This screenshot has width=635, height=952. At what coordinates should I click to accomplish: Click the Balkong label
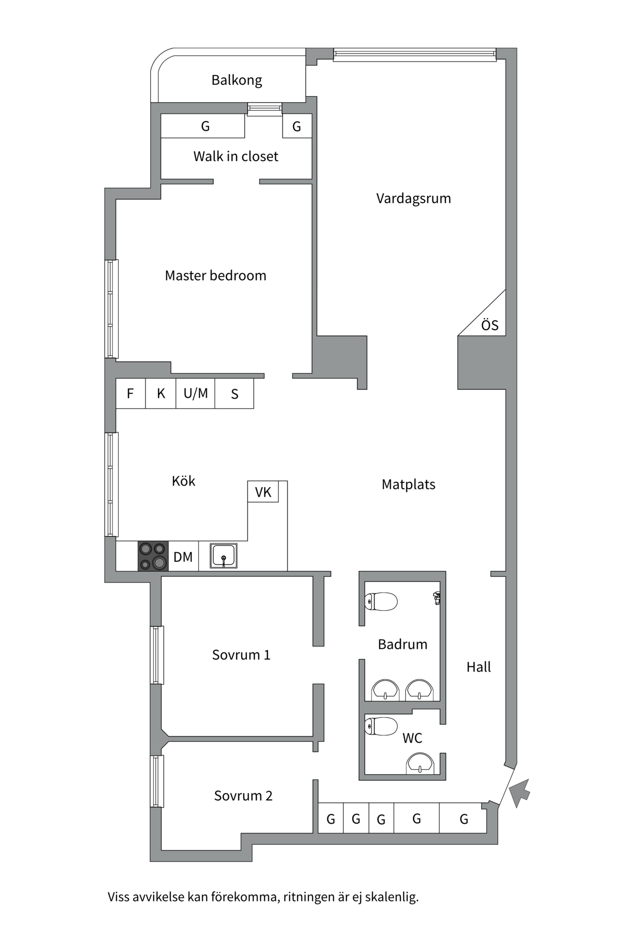coord(237,80)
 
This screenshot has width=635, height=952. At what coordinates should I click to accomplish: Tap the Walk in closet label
coord(236,157)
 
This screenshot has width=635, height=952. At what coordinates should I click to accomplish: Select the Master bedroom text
coord(215,276)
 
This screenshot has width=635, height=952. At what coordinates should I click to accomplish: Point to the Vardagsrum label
coord(413,199)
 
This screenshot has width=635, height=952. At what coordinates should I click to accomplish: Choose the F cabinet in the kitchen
coord(130,394)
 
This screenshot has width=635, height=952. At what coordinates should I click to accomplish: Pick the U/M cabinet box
coord(195,394)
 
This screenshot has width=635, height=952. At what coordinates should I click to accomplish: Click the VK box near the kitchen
coord(263,492)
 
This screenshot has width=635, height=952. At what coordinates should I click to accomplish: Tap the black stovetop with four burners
coord(153,556)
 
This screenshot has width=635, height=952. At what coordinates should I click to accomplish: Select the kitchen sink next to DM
coord(223,556)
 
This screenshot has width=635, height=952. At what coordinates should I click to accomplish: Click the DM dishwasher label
coord(183,557)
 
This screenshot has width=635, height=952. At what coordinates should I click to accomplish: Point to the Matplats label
coord(408,485)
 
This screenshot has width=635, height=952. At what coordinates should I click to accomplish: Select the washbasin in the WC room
coord(420,764)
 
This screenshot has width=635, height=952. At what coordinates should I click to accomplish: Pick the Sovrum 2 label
coord(243,796)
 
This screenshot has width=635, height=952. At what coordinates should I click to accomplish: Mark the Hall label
coord(478,667)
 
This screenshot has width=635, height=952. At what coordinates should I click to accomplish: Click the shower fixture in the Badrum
coord(437,598)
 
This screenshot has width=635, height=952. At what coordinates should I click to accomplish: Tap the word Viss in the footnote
coord(119,897)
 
